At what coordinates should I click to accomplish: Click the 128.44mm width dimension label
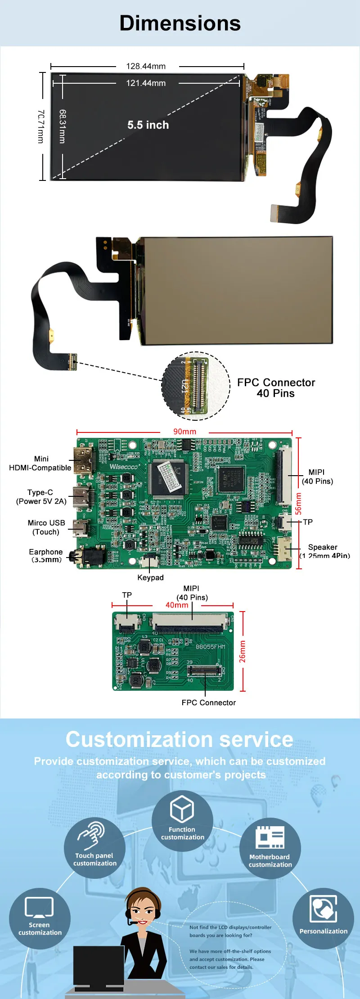click(146, 66)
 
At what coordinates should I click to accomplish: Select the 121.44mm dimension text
click(146, 83)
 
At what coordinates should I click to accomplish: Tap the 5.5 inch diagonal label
click(148, 125)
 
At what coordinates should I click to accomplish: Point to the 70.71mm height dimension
click(40, 126)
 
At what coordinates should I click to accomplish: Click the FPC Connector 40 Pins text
click(276, 388)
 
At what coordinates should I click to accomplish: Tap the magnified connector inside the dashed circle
click(196, 386)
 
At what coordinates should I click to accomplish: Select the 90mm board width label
click(184, 432)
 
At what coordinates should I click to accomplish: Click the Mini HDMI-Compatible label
click(40, 463)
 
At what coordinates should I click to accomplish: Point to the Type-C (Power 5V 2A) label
click(41, 497)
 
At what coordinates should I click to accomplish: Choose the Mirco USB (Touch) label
click(46, 527)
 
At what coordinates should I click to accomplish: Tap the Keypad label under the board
click(150, 577)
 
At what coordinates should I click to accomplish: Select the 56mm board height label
click(298, 504)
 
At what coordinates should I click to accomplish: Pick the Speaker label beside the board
click(323, 548)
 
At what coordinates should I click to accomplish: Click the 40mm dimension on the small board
click(177, 605)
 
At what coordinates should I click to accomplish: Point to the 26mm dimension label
click(243, 651)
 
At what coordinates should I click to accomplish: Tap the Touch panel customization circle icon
click(94, 848)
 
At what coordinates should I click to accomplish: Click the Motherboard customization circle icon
click(270, 848)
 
